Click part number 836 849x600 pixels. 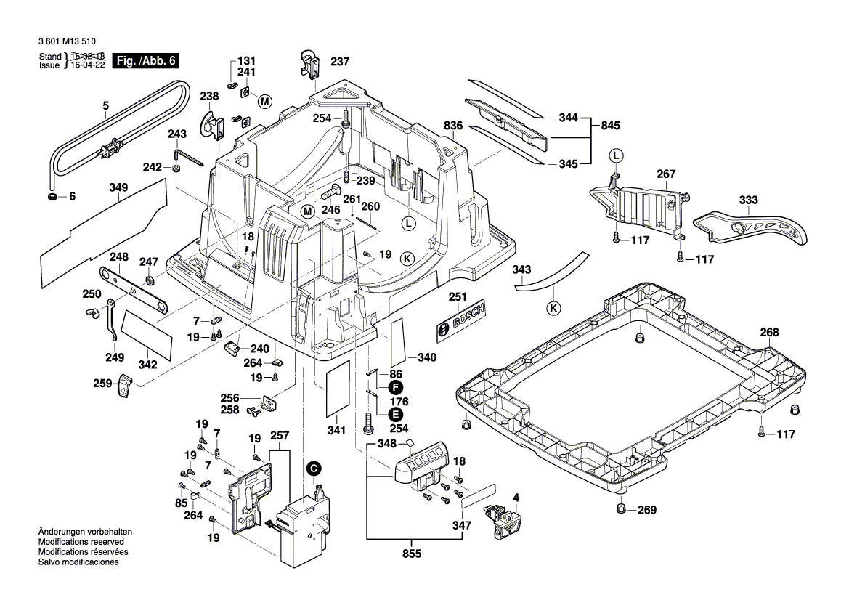coord(453,126)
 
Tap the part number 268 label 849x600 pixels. coord(769,333)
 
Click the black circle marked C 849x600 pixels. coord(314,469)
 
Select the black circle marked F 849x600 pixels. coord(396,387)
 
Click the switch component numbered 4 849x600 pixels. coord(503,520)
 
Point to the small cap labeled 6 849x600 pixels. coord(52,196)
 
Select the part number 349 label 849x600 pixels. coord(118,188)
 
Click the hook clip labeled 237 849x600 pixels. coord(310,62)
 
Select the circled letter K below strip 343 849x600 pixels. coord(555,307)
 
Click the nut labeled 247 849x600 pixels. coord(149,280)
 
